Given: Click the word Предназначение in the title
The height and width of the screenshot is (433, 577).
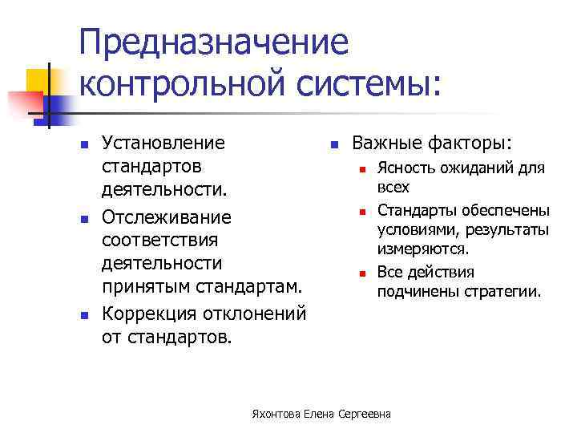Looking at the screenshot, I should [214, 42].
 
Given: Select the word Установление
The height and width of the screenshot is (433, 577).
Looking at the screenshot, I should [163, 144].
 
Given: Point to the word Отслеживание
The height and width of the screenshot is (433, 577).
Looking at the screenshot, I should [167, 217].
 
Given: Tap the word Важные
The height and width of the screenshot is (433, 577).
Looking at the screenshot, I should [390, 144].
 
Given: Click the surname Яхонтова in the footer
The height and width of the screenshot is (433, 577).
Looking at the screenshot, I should [275, 414].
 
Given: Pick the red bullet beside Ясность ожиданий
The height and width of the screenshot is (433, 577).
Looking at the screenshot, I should [362, 170].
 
